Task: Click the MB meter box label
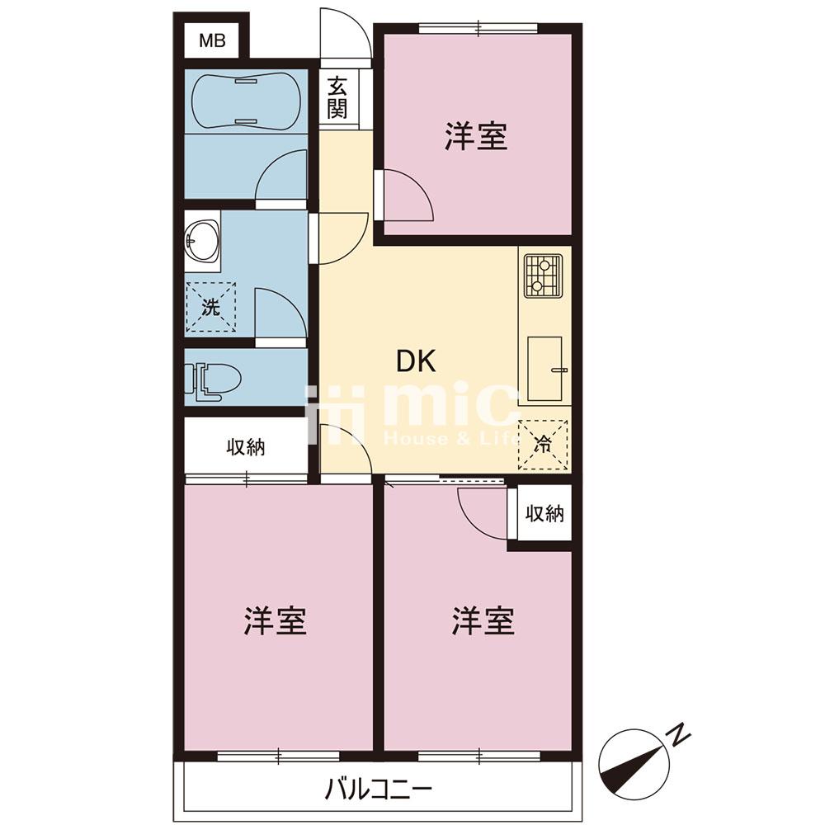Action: tap(212, 40)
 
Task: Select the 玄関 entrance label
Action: tap(337, 98)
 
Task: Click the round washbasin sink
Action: tap(202, 241)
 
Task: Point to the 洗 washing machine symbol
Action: tap(210, 307)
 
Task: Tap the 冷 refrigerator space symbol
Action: tap(543, 445)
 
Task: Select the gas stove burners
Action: tap(543, 275)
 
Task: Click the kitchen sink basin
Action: tap(545, 368)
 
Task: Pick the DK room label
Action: tap(416, 362)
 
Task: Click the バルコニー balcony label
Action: tap(379, 789)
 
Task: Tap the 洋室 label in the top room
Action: tap(476, 136)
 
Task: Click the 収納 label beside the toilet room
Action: tap(246, 447)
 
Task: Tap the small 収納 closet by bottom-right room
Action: tap(545, 513)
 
